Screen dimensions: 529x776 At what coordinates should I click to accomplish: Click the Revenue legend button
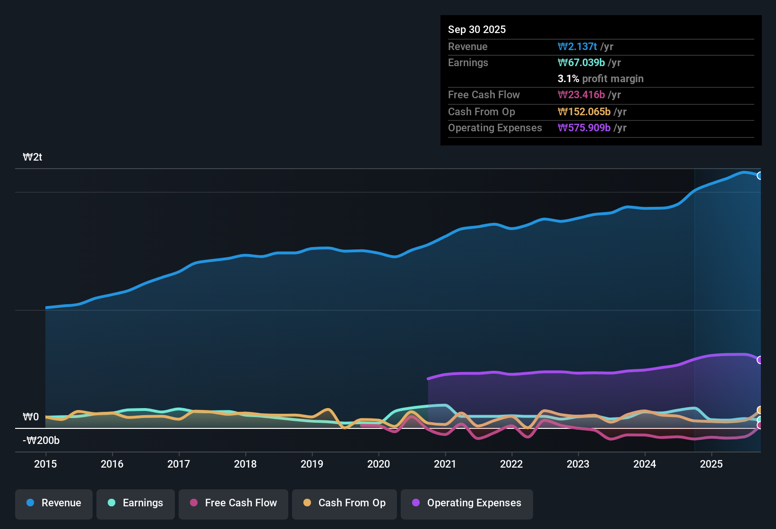(x=54, y=503)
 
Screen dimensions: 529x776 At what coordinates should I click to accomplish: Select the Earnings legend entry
(x=136, y=503)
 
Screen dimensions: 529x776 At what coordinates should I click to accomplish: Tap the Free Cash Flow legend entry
(x=233, y=503)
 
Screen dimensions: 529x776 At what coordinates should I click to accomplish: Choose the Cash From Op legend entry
(x=345, y=503)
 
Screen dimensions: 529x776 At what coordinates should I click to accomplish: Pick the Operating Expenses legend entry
(x=467, y=503)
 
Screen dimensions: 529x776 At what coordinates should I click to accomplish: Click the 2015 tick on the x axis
(x=45, y=464)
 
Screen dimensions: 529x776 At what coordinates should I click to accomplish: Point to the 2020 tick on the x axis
(x=379, y=464)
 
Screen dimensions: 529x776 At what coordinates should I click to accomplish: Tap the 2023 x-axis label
(x=578, y=464)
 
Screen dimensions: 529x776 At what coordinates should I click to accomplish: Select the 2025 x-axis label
(x=711, y=464)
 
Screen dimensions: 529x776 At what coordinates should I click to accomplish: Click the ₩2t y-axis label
(x=33, y=157)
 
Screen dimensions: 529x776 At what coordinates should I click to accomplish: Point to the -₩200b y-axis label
(x=41, y=441)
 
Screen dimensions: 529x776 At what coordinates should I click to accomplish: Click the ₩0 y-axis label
(x=31, y=417)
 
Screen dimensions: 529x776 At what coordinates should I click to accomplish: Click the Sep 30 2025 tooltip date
(x=476, y=29)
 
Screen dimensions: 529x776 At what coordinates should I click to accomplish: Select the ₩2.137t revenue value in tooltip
(x=577, y=46)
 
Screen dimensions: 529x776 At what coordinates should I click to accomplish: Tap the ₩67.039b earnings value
(x=581, y=62)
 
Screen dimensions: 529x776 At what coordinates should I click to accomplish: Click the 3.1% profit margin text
(x=600, y=78)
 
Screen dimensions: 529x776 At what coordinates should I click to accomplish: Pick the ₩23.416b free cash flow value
(x=581, y=94)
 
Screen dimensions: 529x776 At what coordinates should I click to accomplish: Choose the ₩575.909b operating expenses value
(x=584, y=128)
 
